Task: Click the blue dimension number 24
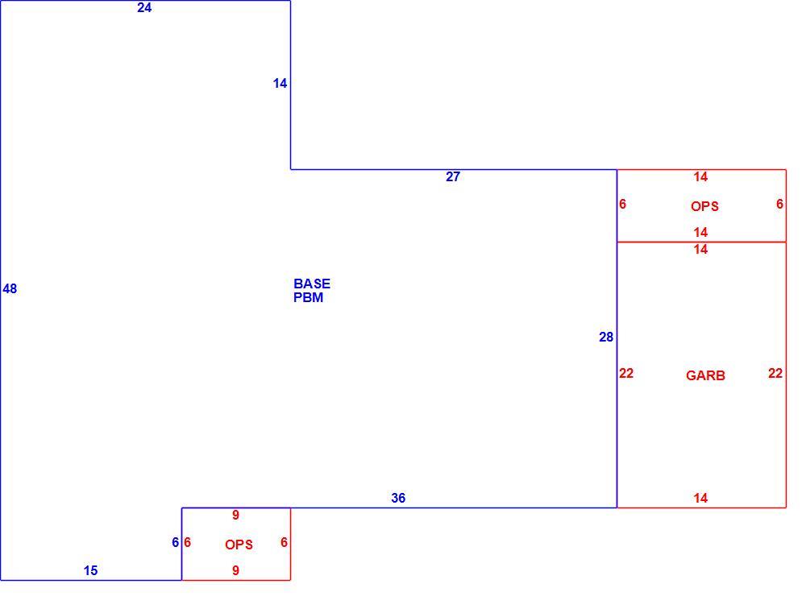144,8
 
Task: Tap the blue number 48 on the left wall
10,288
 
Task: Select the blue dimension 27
453,176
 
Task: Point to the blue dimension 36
398,498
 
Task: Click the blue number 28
606,337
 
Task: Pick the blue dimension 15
90,570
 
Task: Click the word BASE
312,284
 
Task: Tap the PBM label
309,297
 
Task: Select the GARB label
705,375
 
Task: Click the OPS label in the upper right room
704,206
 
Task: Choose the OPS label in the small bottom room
239,545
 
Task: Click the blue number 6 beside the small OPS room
175,543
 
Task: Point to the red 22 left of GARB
626,374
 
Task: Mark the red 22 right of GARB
775,374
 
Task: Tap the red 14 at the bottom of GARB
700,498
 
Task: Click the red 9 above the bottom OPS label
235,515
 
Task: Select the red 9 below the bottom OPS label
235,570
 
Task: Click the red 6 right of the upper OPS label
779,204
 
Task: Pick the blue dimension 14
280,83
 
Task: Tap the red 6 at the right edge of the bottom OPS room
284,543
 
